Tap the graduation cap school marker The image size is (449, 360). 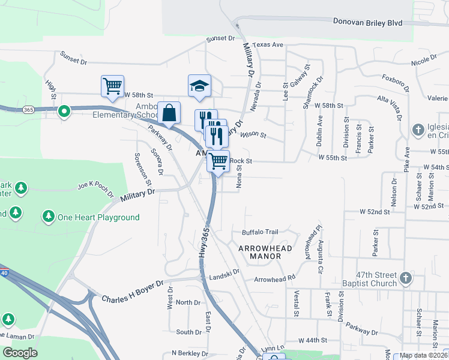point(199,86)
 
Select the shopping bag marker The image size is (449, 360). point(170,113)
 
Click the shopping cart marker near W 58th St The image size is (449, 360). point(112,86)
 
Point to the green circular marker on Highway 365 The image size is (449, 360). point(62,112)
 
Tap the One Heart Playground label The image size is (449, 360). point(98,217)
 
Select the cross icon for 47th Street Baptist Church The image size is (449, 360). point(406,278)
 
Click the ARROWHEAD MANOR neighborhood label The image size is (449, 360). point(265,252)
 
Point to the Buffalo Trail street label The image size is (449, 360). point(260,232)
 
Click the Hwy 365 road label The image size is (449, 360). point(204,248)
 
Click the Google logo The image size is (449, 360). point(19,353)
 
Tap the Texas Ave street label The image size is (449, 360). point(267,45)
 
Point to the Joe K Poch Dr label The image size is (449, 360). point(95,189)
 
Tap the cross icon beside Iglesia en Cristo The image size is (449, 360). point(418,130)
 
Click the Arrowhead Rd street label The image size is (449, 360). point(274,279)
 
